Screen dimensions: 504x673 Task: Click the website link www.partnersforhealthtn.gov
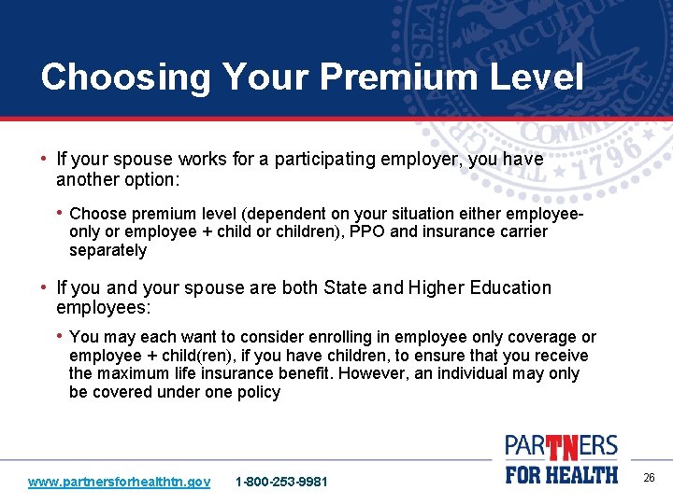[x=119, y=482]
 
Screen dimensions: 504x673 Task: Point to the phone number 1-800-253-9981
[x=281, y=482]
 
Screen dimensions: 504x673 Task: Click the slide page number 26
[x=649, y=478]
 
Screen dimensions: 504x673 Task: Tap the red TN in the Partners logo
[x=562, y=449]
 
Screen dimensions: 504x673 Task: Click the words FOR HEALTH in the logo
[x=561, y=474]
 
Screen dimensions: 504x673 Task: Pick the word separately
[x=107, y=250]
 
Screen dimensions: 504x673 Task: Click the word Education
[x=501, y=287]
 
